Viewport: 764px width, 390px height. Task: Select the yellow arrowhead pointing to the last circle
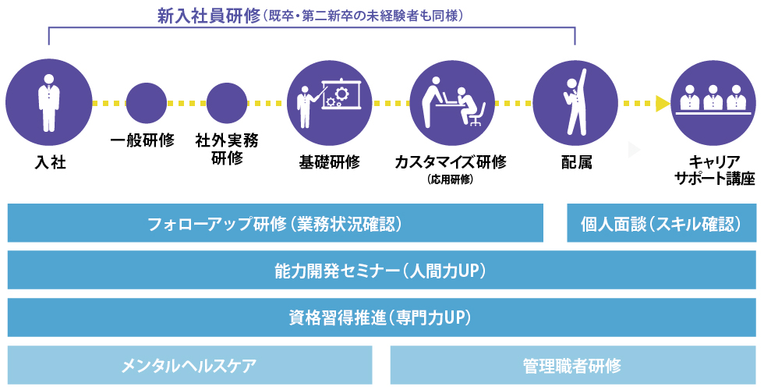coord(663,103)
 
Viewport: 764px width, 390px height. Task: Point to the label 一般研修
coord(142,141)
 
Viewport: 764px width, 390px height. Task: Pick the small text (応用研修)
coord(451,179)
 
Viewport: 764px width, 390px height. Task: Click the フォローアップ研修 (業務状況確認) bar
coord(275,224)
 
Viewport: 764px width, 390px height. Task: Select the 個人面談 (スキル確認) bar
coord(661,224)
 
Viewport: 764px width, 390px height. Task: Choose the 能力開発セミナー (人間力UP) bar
coord(381,270)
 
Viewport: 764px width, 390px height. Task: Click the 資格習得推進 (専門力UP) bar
coord(381,317)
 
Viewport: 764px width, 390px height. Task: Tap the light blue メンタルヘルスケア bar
coord(189,365)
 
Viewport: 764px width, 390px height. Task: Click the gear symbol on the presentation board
coord(336,99)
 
